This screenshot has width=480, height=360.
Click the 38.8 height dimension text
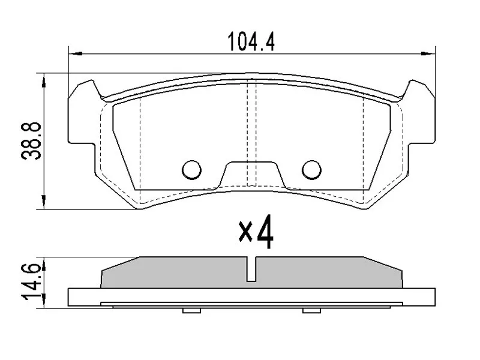click(x=31, y=140)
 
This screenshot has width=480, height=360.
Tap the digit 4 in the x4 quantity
click(x=265, y=233)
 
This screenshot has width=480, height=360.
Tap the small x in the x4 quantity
click(x=245, y=232)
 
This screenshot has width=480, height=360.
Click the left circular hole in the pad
click(x=192, y=170)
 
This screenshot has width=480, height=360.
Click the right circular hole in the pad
click(x=311, y=170)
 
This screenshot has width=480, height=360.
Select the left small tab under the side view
click(x=191, y=310)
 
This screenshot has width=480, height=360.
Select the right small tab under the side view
click(x=311, y=310)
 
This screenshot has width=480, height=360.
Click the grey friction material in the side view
click(x=180, y=273)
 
